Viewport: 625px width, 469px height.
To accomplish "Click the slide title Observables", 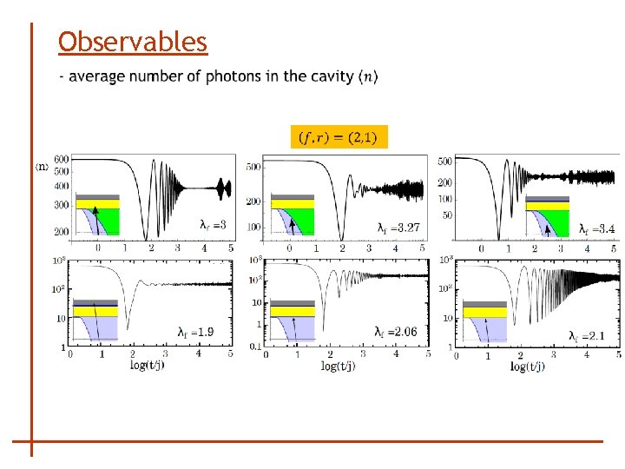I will [133, 41].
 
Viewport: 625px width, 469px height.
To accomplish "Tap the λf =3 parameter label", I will [214, 225].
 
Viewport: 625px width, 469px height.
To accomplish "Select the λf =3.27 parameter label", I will [399, 228].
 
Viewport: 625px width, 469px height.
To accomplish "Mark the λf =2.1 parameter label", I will [587, 335].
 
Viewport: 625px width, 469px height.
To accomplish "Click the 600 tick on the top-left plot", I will [61, 159].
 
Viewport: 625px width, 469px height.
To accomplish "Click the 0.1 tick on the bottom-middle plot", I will [254, 347].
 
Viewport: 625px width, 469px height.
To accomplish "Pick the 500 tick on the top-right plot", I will [444, 162].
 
